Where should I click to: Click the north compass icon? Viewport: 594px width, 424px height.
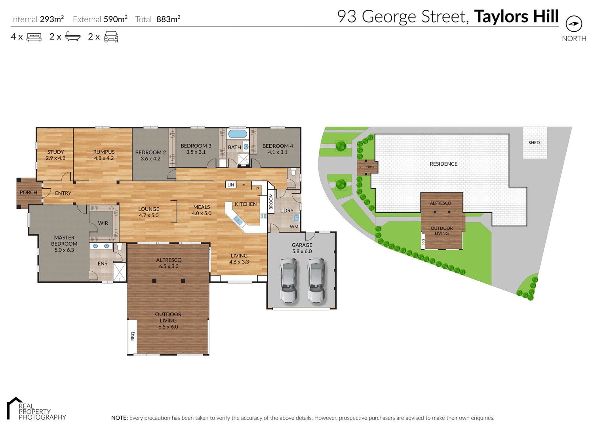[574, 24]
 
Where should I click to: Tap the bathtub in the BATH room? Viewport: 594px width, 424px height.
[238, 134]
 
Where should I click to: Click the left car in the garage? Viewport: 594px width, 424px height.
[289, 281]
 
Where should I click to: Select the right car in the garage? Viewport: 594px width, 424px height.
[316, 281]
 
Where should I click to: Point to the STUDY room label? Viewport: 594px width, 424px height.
[55, 152]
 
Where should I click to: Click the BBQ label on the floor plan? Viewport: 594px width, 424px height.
[133, 336]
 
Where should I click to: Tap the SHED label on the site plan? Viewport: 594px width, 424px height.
[534, 143]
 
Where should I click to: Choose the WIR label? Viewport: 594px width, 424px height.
[103, 223]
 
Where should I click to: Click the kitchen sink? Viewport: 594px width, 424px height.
[238, 220]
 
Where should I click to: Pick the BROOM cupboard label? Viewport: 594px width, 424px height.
[271, 201]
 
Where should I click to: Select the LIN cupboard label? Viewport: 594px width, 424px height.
[231, 185]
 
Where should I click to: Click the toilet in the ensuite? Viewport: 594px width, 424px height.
[120, 247]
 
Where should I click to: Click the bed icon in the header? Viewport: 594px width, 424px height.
[34, 37]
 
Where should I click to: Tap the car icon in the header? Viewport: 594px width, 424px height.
[111, 37]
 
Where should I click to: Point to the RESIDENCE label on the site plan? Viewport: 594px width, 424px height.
[444, 164]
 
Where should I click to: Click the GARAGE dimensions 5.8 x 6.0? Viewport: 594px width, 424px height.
[302, 251]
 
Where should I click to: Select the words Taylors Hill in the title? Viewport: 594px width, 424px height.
[516, 17]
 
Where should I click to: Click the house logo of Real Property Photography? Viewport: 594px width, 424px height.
[14, 407]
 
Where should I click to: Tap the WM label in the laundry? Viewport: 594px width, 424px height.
[294, 227]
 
